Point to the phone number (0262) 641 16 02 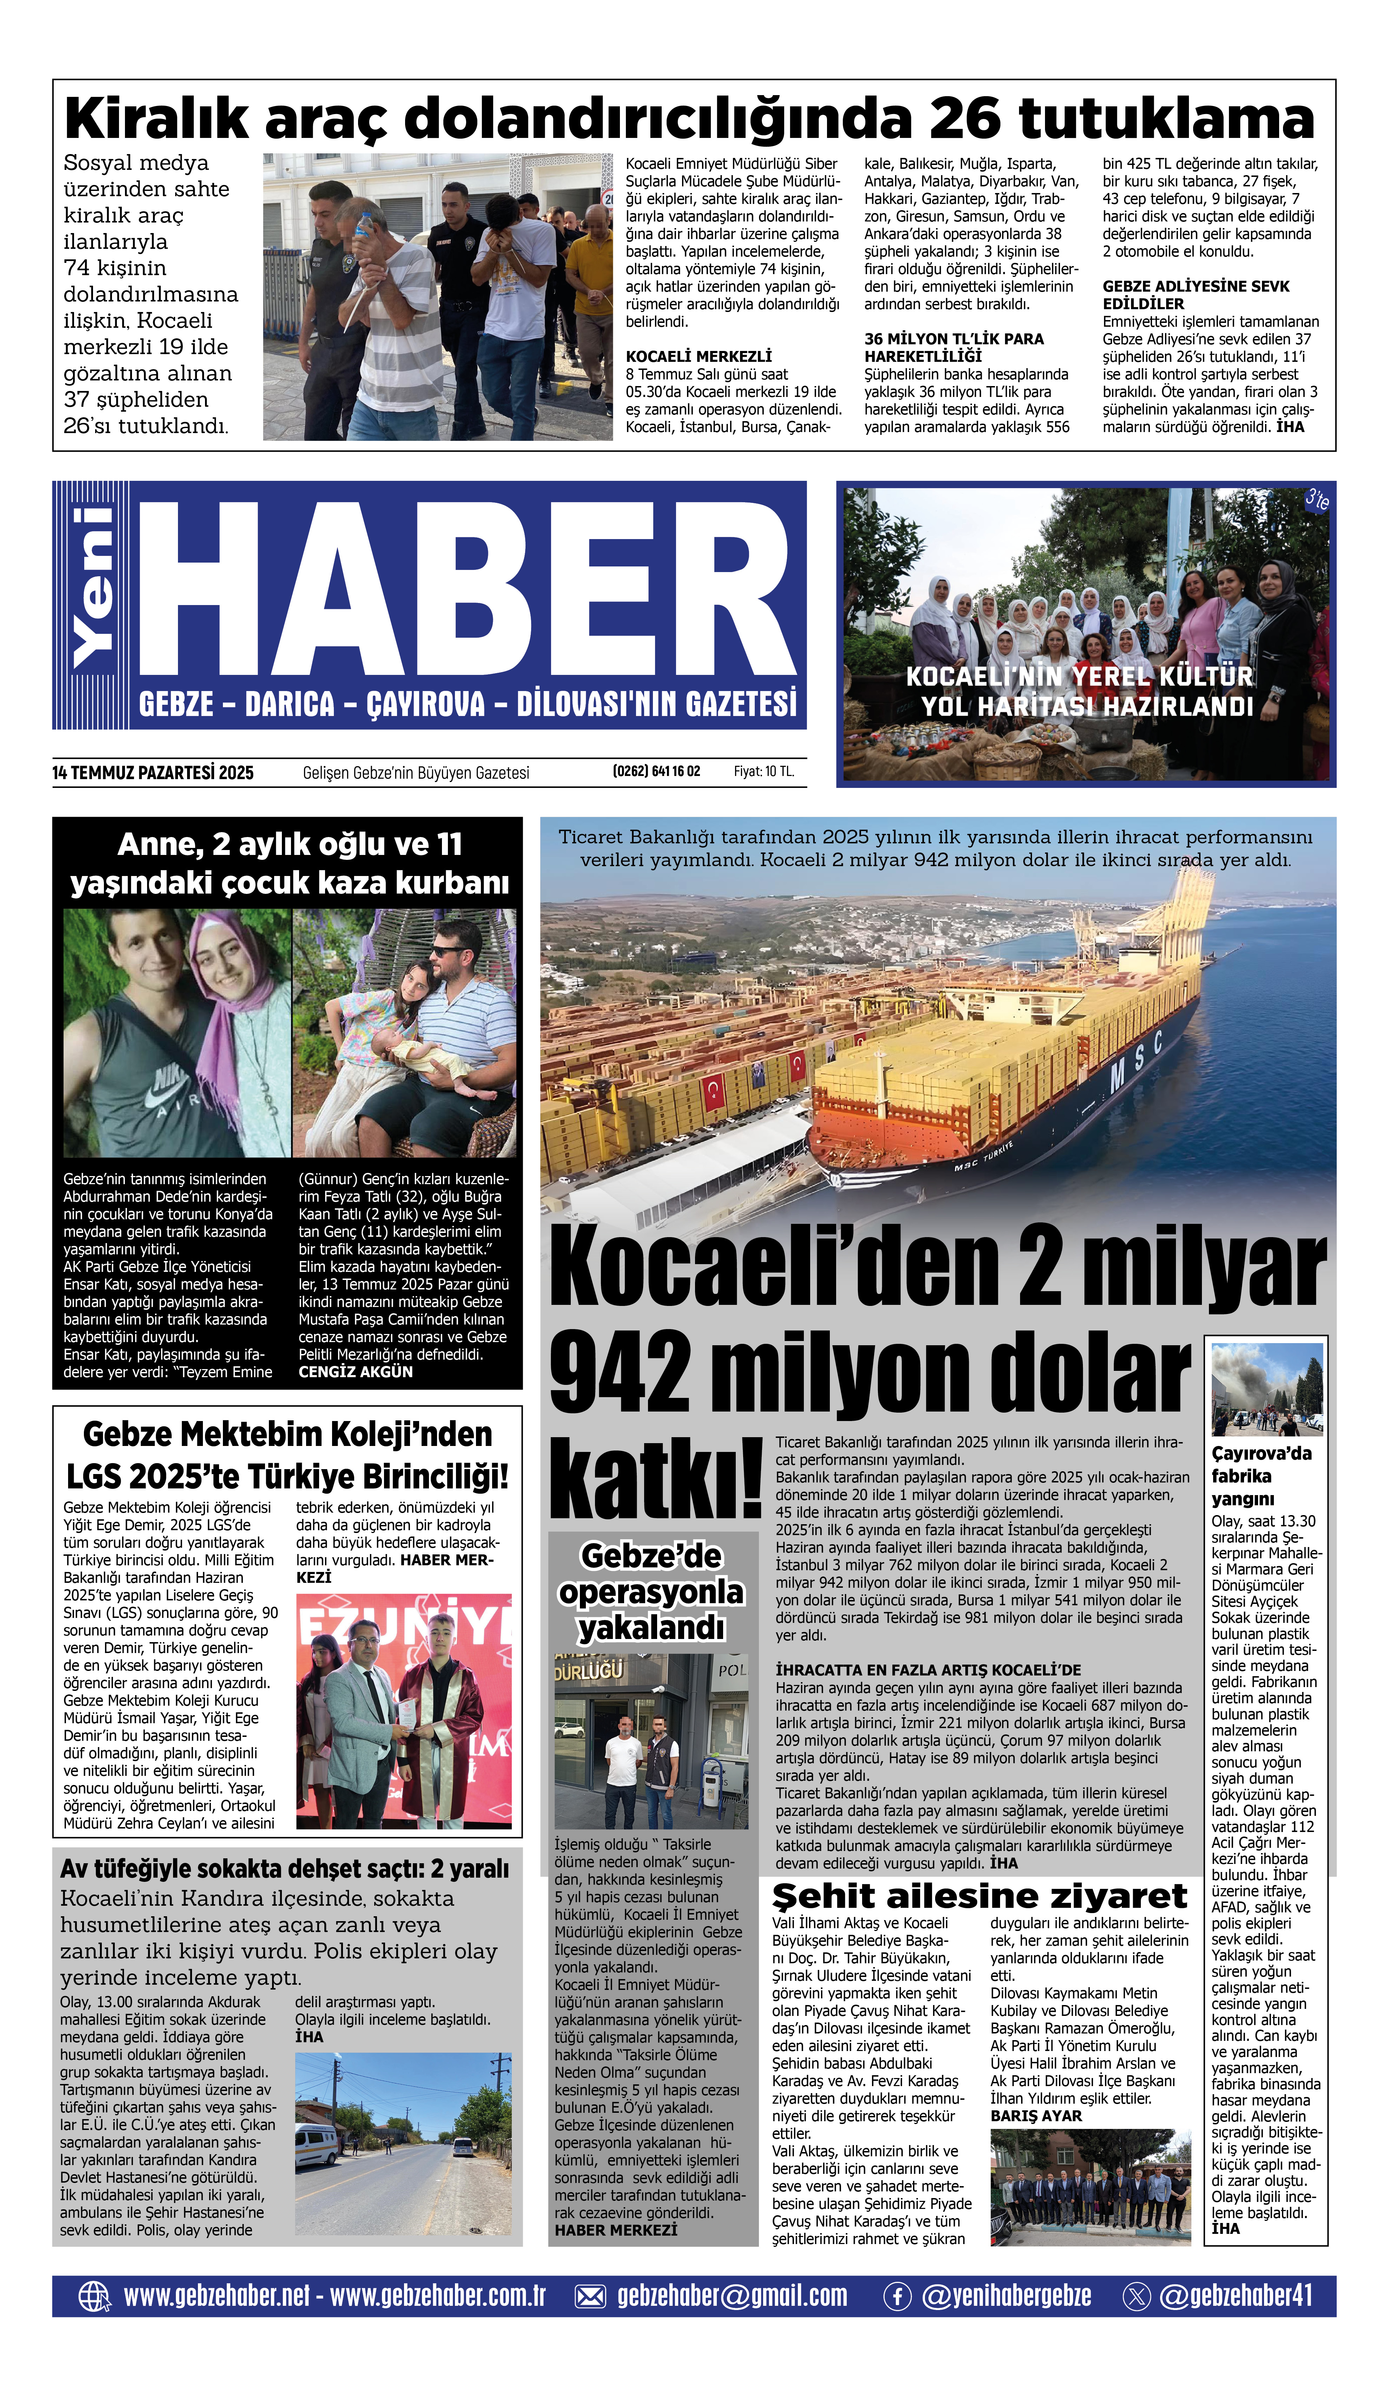tap(656, 771)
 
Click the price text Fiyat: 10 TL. tap(763, 771)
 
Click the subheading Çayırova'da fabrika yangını tap(1261, 1476)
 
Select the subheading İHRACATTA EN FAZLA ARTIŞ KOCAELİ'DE tap(928, 1670)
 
